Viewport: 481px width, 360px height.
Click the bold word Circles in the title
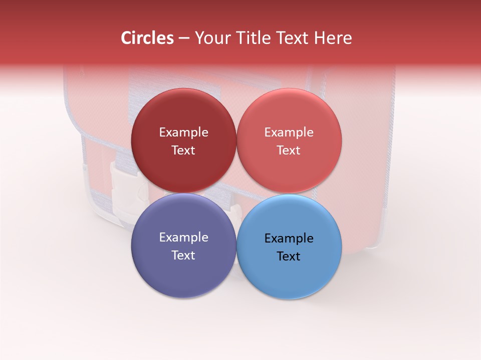[x=147, y=38]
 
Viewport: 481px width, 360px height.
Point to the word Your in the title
[x=211, y=38]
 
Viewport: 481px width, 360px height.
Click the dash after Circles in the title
[x=184, y=38]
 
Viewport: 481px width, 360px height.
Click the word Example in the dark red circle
[x=183, y=132]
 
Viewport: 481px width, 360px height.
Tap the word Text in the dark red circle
[x=183, y=150]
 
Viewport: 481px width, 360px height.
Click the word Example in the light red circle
[x=289, y=132]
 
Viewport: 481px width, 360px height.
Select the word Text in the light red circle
[x=289, y=150]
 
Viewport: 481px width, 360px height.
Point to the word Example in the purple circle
[x=183, y=237]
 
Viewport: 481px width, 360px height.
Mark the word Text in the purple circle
[x=183, y=255]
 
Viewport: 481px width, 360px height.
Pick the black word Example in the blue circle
[x=289, y=238]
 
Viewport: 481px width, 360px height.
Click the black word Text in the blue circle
[x=289, y=256]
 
